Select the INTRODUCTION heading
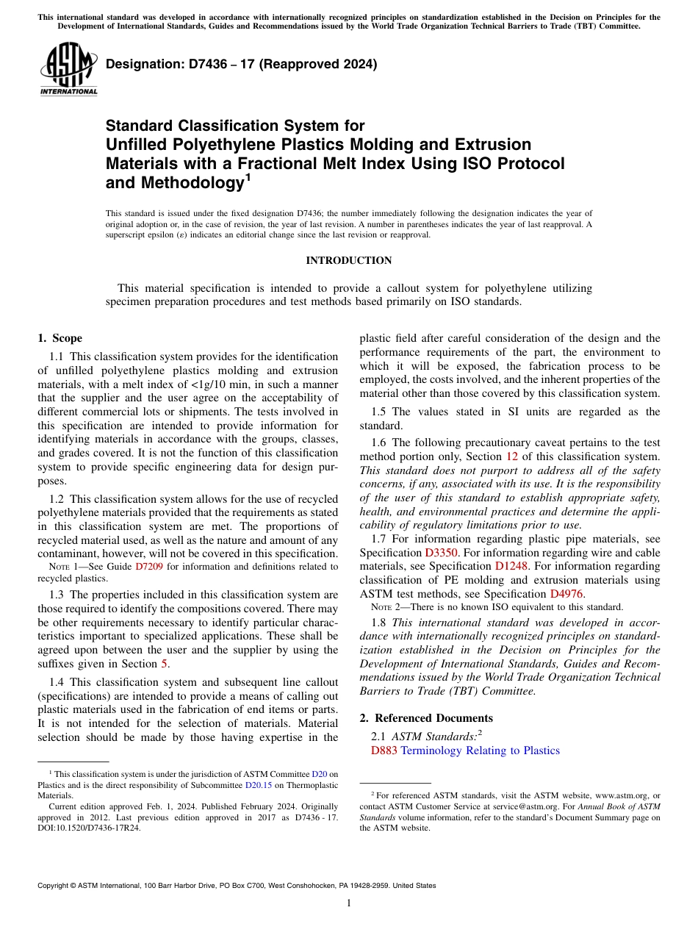point(348,260)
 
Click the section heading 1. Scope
point(60,338)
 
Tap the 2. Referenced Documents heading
point(426,717)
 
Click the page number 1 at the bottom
point(348,903)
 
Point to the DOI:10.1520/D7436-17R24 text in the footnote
point(89,827)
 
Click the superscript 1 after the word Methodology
point(248,177)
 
